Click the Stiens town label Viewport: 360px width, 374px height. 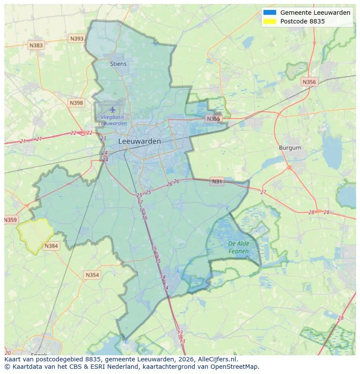[118, 64]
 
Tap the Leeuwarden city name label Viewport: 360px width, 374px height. [140, 141]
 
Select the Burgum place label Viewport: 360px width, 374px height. [290, 148]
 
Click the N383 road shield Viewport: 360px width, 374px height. [36, 45]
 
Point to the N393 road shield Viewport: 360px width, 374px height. [77, 39]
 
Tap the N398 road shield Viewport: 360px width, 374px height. [76, 103]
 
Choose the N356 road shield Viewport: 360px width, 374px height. [309, 82]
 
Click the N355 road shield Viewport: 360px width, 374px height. [214, 119]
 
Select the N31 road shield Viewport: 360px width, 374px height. [217, 182]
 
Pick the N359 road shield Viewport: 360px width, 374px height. [10, 220]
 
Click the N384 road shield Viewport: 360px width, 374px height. [51, 246]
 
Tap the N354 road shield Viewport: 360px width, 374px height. [92, 275]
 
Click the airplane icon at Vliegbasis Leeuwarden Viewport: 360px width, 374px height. [113, 109]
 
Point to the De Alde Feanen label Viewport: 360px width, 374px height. [239, 247]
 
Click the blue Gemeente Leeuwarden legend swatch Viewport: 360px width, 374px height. [270, 13]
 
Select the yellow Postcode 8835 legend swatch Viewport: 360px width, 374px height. [270, 21]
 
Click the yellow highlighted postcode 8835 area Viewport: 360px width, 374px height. [35, 235]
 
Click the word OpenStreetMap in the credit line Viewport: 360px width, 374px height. [237, 367]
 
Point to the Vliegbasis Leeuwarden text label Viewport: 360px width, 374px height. [113, 120]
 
